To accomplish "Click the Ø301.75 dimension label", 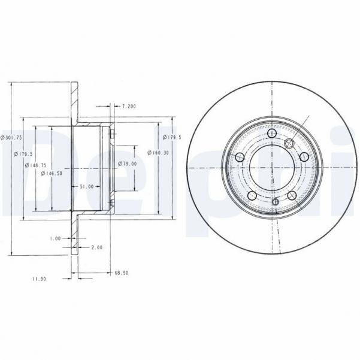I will [x=12, y=137].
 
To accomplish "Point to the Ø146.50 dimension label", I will [x=52, y=174].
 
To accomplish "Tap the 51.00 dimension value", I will [x=87, y=186].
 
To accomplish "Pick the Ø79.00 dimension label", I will [x=128, y=164].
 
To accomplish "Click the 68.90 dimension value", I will [x=121, y=273].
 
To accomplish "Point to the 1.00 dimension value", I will [x=55, y=238].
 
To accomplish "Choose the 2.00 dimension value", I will [x=96, y=247].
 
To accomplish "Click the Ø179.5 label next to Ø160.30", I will [x=173, y=137].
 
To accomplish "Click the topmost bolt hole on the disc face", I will [x=273, y=133].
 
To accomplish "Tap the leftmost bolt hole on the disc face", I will [x=240, y=158].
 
